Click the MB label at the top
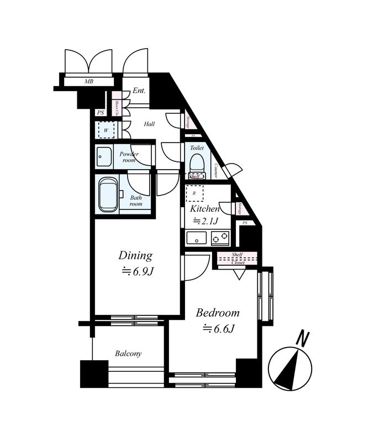pyautogui.click(x=88, y=82)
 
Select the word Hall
pyautogui.click(x=149, y=124)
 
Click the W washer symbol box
pyautogui.click(x=106, y=130)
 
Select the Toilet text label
pyautogui.click(x=197, y=148)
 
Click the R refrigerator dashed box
pyautogui.click(x=194, y=193)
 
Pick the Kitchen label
pyautogui.click(x=205, y=209)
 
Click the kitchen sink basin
pyautogui.click(x=196, y=239)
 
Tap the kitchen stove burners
pyautogui.click(x=219, y=239)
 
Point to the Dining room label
pyautogui.click(x=135, y=255)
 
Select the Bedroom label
pyautogui.click(x=218, y=313)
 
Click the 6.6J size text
pyautogui.click(x=219, y=329)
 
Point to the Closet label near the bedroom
pyautogui.click(x=238, y=263)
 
